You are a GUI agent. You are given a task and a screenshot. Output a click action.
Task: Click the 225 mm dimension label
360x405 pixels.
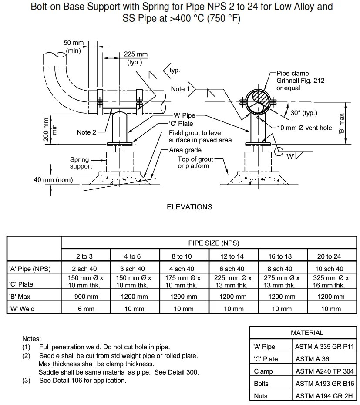coord(135,54)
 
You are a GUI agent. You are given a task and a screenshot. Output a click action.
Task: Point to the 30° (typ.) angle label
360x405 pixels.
coord(304,113)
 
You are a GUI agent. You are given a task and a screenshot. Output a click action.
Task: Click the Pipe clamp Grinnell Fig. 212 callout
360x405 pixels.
coord(300,81)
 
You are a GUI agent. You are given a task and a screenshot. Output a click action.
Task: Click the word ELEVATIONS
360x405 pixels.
coord(189,207)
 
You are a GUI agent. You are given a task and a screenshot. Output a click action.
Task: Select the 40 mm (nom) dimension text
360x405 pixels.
coord(53,180)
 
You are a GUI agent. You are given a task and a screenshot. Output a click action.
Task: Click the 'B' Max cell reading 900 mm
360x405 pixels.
coord(85,297)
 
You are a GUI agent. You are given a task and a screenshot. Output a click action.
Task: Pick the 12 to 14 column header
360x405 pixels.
coord(232,256)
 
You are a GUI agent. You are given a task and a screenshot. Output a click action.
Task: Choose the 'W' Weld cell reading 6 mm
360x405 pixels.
coord(85,309)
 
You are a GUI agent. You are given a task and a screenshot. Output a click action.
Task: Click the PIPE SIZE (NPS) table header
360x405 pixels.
coord(208,243)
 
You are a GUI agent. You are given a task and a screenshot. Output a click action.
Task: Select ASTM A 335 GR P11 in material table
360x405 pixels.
coord(324,347)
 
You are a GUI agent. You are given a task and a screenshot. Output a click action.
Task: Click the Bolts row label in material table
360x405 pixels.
coord(261,384)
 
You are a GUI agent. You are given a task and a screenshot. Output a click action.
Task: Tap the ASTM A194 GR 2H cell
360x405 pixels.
coord(324,396)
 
